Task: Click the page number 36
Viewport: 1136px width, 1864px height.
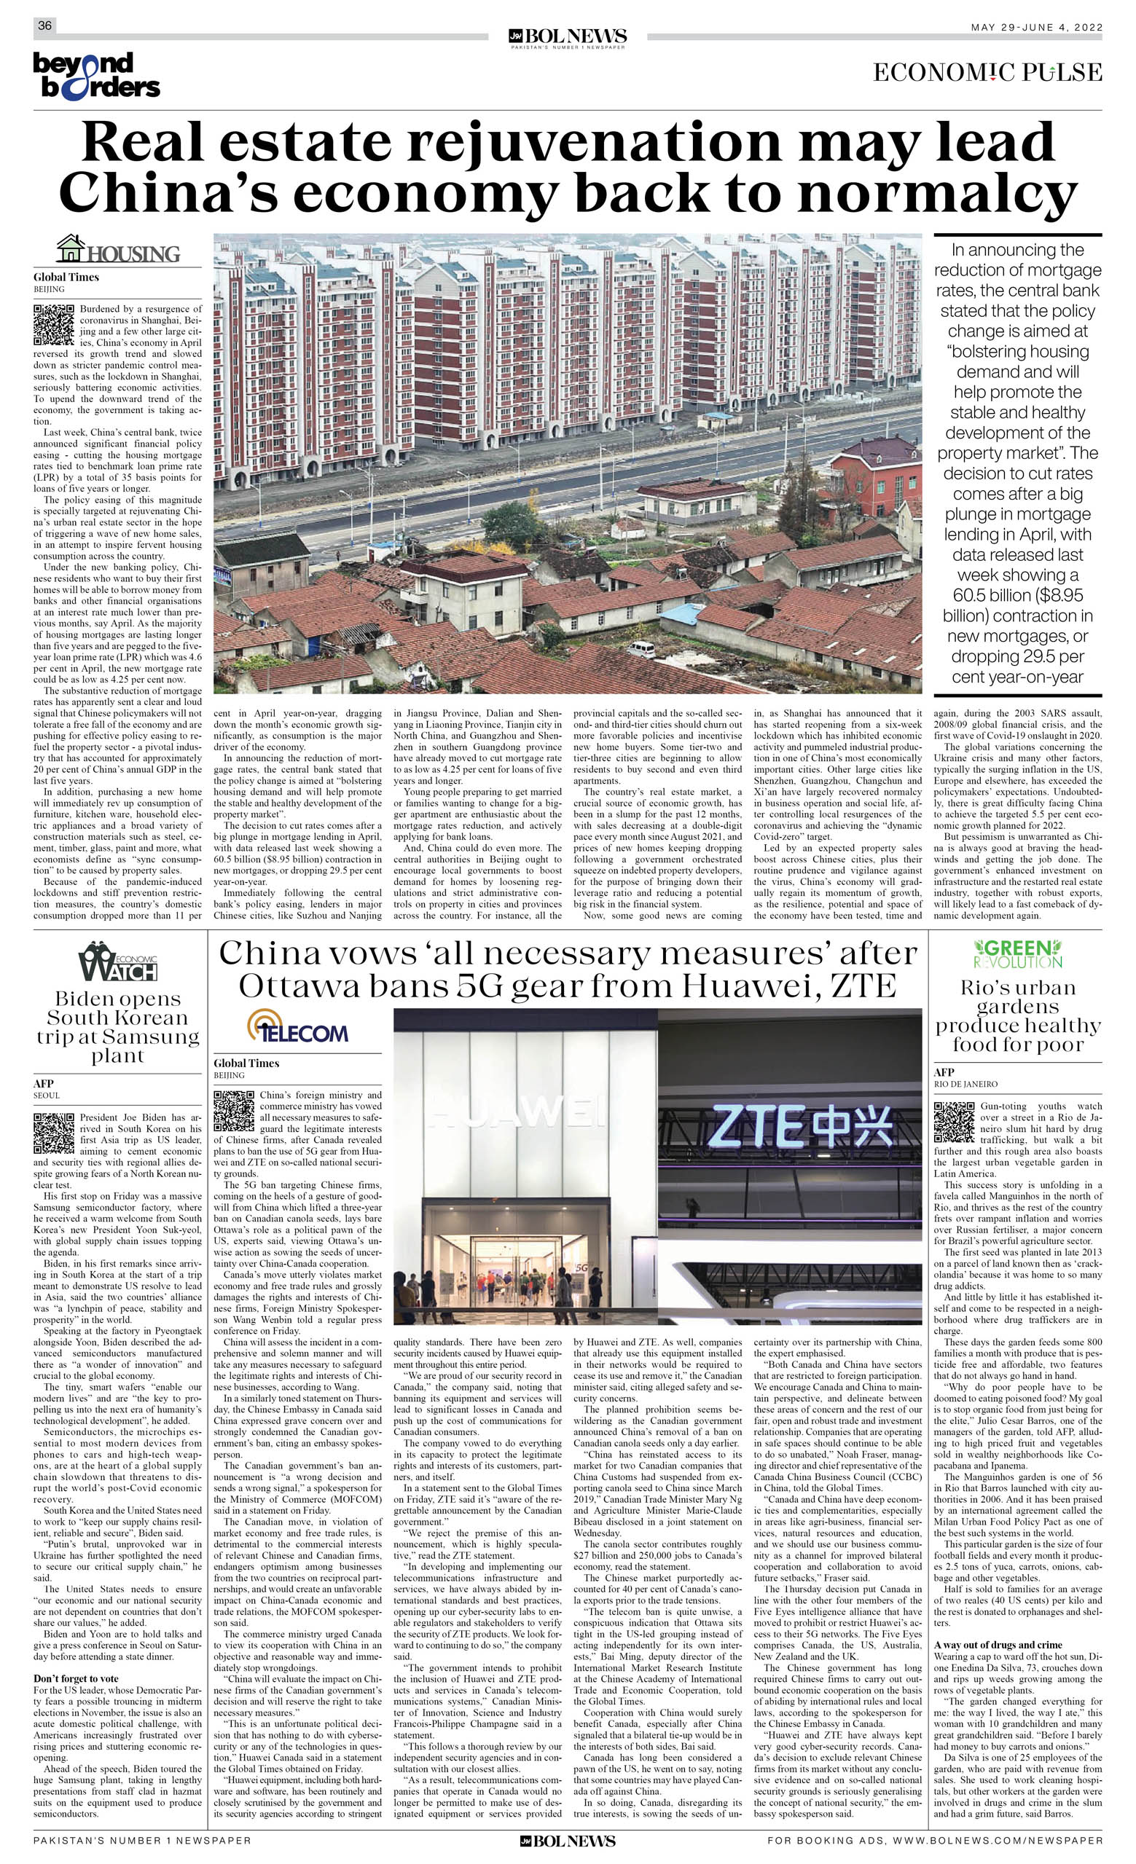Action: [44, 25]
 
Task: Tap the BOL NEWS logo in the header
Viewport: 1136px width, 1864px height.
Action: [568, 37]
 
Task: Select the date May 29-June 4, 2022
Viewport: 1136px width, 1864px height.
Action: [1037, 27]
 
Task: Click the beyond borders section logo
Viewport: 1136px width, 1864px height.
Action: [96, 76]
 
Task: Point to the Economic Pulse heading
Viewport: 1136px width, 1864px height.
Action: [987, 73]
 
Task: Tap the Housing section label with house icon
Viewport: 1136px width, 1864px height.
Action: [119, 250]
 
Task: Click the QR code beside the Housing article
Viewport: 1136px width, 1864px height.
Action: [54, 325]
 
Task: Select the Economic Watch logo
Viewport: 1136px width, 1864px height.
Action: [117, 962]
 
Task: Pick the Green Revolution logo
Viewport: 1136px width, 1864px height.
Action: [1017, 954]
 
